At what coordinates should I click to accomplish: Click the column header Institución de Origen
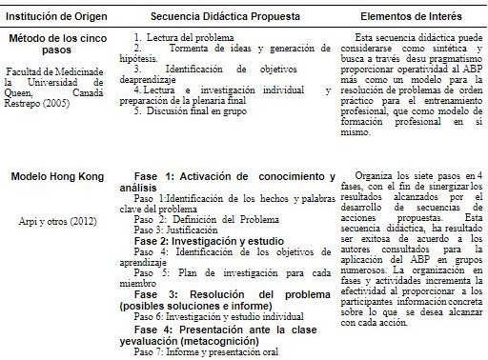pos(54,16)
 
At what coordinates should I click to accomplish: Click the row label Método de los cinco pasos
pos(54,45)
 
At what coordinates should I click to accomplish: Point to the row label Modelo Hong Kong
pos(55,178)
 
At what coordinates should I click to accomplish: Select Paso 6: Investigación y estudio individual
pos(211,315)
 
